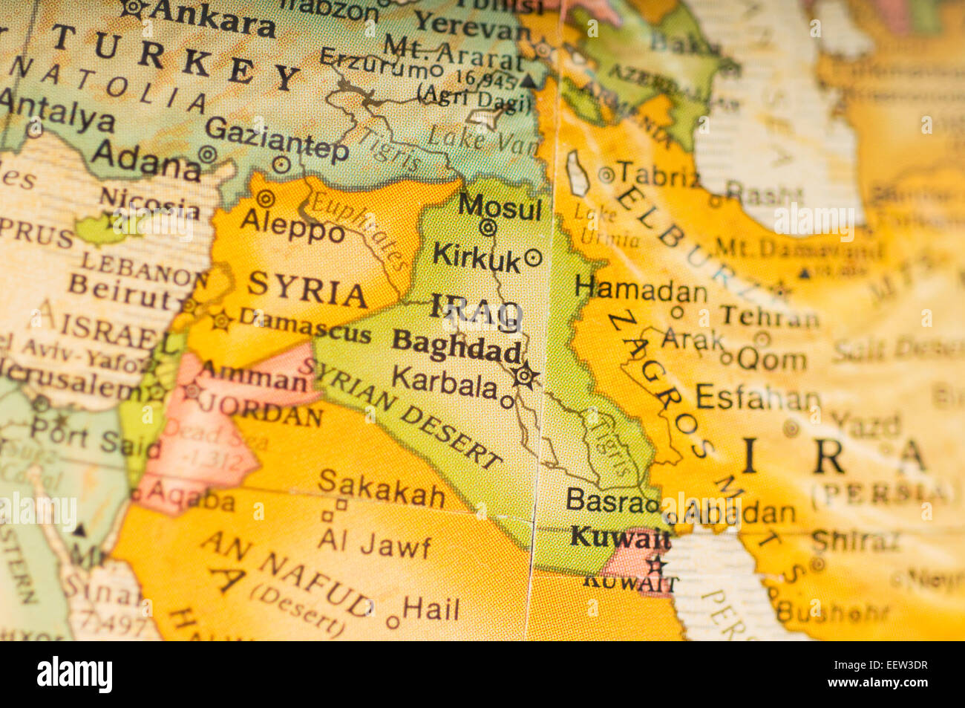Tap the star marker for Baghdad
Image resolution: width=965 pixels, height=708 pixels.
(526, 376)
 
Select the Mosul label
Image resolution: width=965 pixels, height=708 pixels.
(500, 207)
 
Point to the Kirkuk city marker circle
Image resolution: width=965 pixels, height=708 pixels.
(533, 258)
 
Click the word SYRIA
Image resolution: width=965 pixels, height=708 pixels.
(307, 289)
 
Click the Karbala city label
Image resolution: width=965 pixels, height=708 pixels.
(444, 383)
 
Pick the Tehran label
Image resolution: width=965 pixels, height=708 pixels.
(768, 317)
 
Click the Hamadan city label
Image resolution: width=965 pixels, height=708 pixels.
(641, 289)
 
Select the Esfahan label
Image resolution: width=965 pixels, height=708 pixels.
(757, 398)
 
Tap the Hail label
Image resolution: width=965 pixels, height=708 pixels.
(431, 610)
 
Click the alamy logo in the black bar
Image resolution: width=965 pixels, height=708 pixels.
(75, 675)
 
